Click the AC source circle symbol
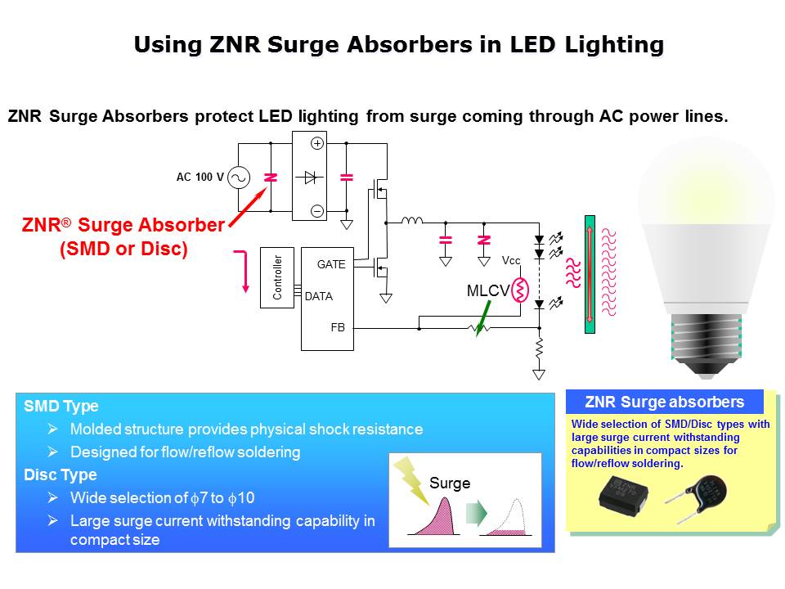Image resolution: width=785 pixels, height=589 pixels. (x=238, y=178)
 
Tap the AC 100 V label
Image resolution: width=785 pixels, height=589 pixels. (x=200, y=177)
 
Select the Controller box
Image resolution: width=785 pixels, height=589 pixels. (x=276, y=277)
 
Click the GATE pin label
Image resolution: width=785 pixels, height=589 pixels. (x=331, y=264)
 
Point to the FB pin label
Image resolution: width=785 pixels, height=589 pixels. (x=338, y=327)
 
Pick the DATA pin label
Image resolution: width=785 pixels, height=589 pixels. (x=318, y=296)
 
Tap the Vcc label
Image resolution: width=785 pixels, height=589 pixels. (x=511, y=261)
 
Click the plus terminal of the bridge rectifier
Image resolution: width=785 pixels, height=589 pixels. (x=318, y=143)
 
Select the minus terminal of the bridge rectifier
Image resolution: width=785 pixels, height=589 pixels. (x=318, y=211)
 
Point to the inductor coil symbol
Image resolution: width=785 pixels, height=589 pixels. (x=410, y=220)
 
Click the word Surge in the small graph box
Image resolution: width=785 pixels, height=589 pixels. (x=450, y=483)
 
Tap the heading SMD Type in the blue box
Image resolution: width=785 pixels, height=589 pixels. (x=61, y=406)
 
